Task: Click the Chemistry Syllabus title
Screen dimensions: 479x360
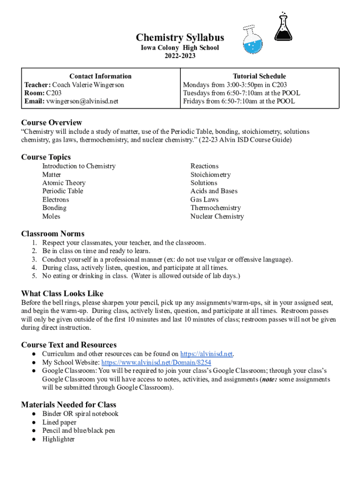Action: (180, 38)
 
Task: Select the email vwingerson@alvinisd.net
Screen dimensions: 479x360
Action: (82, 101)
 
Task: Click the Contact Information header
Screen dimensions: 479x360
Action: (101, 76)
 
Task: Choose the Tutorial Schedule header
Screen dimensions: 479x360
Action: (259, 76)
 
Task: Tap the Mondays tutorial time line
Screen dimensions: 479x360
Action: (235, 85)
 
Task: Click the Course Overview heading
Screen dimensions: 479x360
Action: (51, 123)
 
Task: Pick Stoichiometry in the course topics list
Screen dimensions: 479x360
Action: (210, 174)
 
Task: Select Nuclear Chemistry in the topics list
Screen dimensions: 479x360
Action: (217, 217)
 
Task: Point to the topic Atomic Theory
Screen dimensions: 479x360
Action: (64, 183)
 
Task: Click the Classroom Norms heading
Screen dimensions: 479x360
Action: (53, 233)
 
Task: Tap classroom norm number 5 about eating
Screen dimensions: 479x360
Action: (141, 276)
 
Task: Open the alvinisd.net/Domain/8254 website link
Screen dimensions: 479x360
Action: (156, 362)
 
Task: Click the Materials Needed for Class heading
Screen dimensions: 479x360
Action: (69, 405)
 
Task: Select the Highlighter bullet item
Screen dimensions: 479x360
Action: (58, 439)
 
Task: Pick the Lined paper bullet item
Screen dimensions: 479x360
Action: (59, 422)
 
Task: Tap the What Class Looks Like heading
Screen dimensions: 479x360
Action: (62, 293)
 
